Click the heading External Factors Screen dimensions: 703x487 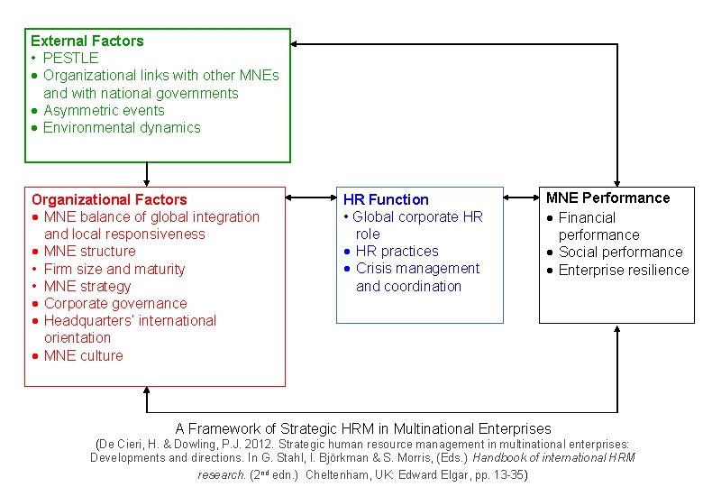click(87, 41)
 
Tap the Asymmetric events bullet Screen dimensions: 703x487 click(104, 110)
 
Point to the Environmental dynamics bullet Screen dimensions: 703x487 click(122, 127)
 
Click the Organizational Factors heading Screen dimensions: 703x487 click(109, 199)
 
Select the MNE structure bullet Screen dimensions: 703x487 click(89, 251)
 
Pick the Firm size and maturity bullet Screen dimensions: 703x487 click(114, 269)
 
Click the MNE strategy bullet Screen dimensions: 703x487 click(87, 286)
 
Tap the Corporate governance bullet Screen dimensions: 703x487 click(115, 303)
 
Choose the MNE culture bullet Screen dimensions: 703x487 click(83, 355)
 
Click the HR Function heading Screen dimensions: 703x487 click(386, 199)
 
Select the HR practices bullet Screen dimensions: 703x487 click(397, 251)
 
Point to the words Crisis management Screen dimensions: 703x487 click(417, 268)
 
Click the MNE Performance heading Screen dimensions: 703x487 click(608, 198)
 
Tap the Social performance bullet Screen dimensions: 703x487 click(620, 252)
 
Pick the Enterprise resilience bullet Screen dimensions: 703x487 click(623, 270)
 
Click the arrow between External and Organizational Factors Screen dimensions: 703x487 click(147, 173)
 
